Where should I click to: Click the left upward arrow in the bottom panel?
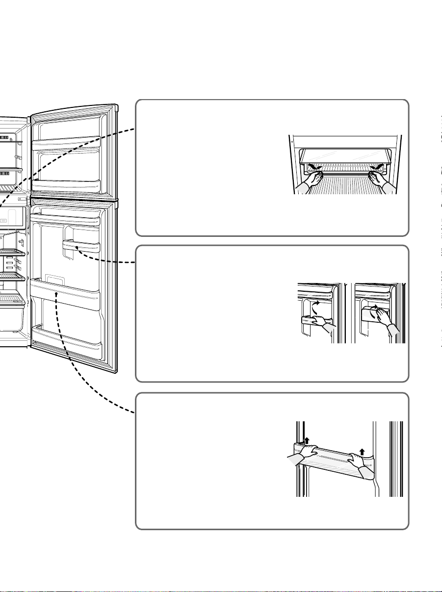tap(306, 441)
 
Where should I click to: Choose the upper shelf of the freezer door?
tap(66, 145)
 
